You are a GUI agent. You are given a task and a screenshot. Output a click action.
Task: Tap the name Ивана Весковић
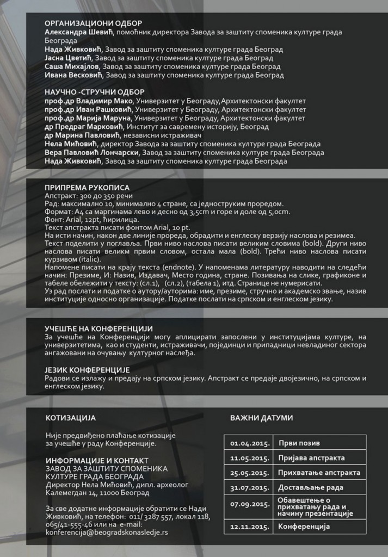tap(69, 75)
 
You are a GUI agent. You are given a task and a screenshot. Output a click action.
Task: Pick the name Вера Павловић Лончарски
tap(92, 152)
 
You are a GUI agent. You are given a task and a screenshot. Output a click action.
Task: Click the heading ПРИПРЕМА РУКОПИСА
tap(83, 187)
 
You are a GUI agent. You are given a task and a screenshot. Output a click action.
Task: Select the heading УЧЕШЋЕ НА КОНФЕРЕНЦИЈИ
tap(98, 329)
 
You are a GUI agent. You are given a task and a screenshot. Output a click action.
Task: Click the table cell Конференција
tap(304, 527)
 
